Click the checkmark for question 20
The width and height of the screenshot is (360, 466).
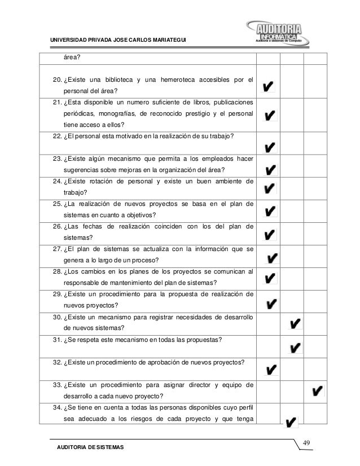[269, 86]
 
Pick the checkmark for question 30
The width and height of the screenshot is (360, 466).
[294, 323]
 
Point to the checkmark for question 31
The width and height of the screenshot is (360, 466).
[294, 348]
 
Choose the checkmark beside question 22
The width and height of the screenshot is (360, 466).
[270, 148]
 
